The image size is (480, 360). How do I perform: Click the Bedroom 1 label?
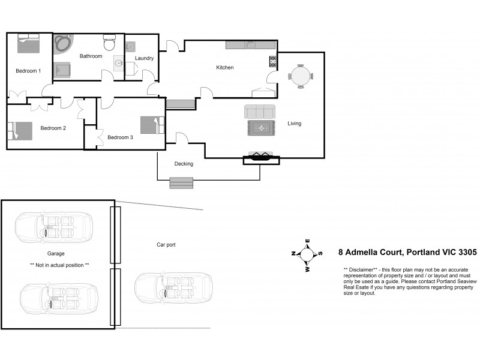point(28,71)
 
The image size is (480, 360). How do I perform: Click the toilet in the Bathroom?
point(109,43)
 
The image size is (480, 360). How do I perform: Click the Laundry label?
point(144,58)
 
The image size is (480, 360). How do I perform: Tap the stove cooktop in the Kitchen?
point(273,61)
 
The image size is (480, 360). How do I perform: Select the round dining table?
point(300,76)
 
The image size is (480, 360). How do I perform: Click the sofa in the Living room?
point(260,111)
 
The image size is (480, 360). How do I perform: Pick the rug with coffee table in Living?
point(261,128)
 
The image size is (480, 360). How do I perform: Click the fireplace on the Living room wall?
point(261,158)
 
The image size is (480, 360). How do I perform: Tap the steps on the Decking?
point(182,183)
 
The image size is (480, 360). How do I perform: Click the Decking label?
point(184,164)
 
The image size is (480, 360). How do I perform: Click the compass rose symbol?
point(307,254)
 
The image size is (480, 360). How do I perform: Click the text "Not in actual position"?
point(59,265)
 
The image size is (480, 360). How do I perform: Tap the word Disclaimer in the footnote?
point(361,269)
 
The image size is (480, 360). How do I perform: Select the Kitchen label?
point(225,67)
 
